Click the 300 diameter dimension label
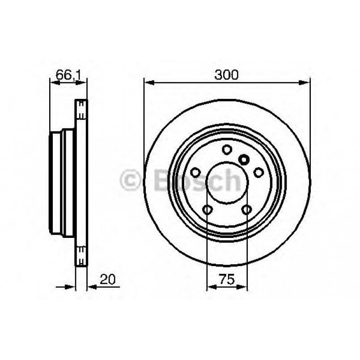coord(227,75)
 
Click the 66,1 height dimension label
coord(68,75)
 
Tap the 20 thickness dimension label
coord(107,280)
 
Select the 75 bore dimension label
coord(227,280)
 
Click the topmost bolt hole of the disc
coord(227,150)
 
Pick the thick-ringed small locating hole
coord(244,159)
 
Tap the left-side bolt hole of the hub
coord(195,173)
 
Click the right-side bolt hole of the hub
coord(258,173)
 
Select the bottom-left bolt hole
coord(207,209)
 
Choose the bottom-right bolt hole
coord(246,209)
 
